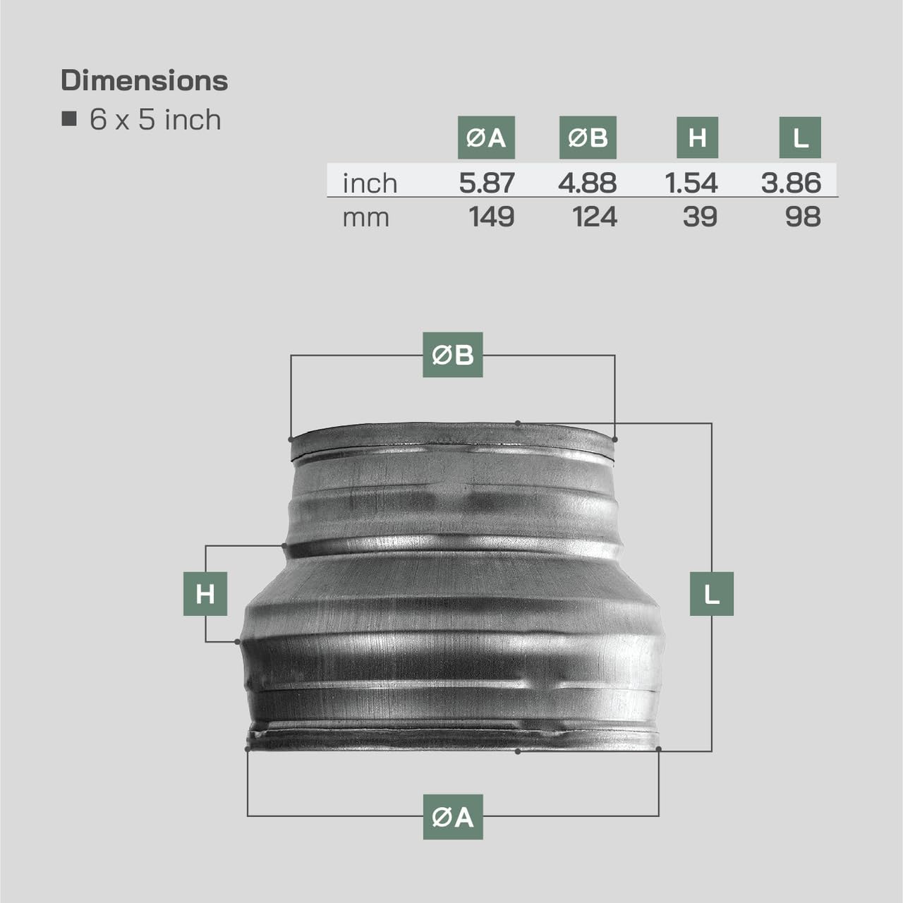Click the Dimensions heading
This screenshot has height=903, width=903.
tap(145, 80)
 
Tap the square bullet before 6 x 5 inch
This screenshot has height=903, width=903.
tap(69, 119)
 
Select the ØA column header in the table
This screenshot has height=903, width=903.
tap(486, 138)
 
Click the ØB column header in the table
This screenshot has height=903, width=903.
tap(588, 138)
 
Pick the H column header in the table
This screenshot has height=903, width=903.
tap(697, 138)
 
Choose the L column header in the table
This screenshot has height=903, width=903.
tap(800, 138)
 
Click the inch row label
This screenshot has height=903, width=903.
tap(370, 183)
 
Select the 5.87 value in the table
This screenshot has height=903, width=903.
tap(486, 183)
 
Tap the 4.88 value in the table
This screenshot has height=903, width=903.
tap(587, 183)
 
